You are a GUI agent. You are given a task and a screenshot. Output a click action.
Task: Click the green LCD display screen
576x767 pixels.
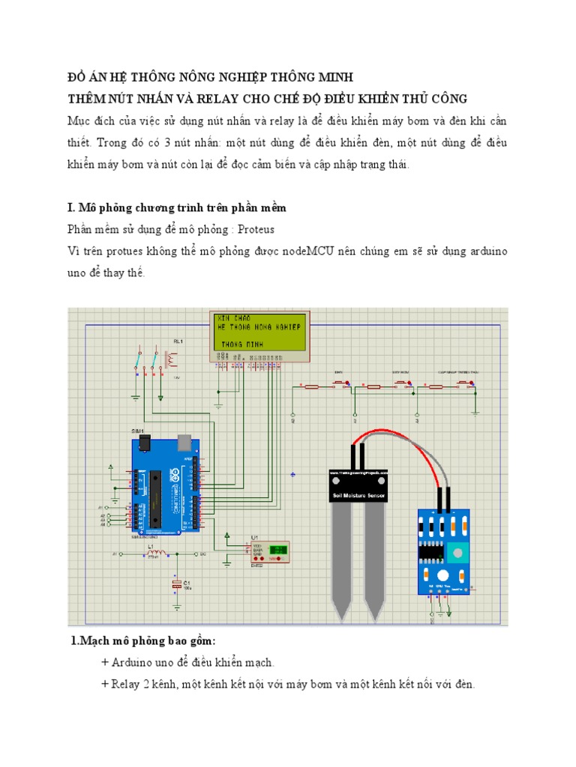(x=259, y=332)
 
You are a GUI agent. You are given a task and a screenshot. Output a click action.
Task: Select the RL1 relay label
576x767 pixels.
(x=178, y=342)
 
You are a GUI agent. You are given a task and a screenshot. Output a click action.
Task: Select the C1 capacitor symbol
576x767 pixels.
(x=177, y=583)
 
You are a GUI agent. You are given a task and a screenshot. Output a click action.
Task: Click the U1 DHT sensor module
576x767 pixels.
(x=270, y=551)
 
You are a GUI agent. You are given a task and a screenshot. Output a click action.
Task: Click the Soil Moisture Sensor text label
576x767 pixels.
(x=359, y=495)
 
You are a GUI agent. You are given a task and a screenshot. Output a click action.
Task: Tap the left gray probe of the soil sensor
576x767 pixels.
(x=342, y=562)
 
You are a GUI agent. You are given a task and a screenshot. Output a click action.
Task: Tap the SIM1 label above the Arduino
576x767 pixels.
(x=138, y=432)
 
